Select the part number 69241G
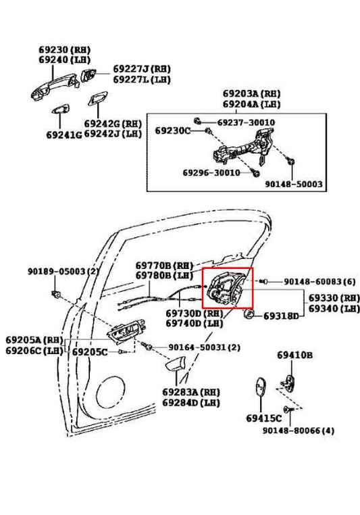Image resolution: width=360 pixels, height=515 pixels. point(63,134)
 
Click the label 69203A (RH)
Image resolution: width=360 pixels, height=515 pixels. point(251,94)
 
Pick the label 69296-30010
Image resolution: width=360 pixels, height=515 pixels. point(211,173)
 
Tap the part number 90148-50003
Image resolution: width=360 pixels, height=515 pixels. point(293,184)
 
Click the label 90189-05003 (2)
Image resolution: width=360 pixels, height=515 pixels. point(63,271)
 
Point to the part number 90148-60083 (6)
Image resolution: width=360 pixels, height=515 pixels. point(319,280)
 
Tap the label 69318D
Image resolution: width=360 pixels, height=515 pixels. point(281,316)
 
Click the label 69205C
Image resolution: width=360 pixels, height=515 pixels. point(91,352)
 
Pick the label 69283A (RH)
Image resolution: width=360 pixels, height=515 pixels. point(190,392)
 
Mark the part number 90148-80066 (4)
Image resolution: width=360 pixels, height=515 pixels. point(298,431)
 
